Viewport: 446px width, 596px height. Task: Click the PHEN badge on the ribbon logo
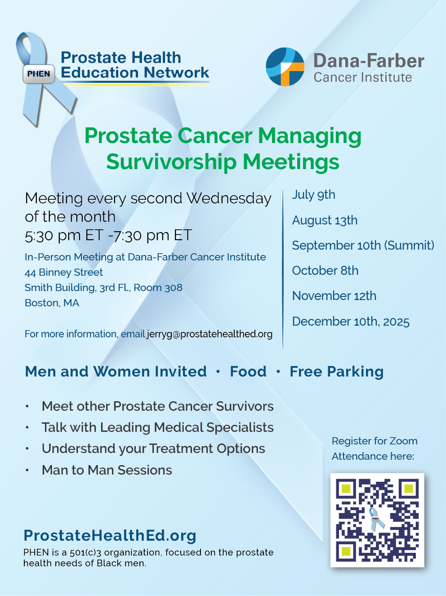[39, 74]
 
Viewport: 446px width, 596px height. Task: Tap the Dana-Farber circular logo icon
[285, 67]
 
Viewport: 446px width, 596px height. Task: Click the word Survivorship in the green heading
[171, 162]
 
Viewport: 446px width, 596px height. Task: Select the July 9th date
[313, 195]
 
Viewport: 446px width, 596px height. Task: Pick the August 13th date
[325, 220]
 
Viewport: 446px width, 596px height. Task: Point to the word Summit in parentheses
[409, 245]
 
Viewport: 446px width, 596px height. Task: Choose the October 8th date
[325, 271]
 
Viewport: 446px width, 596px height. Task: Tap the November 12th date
[334, 296]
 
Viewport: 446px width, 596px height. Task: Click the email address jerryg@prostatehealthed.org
[210, 334]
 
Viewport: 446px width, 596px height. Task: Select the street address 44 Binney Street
[64, 272]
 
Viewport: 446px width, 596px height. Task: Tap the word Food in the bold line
[248, 372]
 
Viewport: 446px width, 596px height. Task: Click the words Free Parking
[337, 372]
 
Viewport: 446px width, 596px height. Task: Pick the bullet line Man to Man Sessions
[107, 470]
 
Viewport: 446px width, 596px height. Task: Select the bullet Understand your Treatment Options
[153, 449]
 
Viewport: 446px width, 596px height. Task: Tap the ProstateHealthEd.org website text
[110, 536]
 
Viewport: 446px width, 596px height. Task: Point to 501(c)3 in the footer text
[86, 552]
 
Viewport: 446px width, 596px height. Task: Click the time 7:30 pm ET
[152, 235]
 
